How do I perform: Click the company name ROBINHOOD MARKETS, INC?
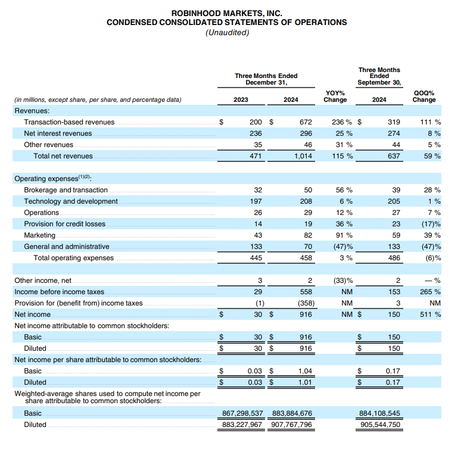226,13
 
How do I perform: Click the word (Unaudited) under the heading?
226,32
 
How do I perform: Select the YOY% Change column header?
335,96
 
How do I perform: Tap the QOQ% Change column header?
424,96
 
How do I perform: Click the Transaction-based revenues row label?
69,122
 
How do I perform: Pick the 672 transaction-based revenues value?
306,122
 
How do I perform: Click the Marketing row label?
40,235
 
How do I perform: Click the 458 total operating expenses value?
306,258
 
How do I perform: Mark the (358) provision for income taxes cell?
303,303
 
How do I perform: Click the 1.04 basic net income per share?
304,371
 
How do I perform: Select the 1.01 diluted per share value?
304,382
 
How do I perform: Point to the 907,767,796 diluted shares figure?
292,425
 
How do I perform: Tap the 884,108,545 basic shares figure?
380,413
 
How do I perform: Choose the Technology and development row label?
71,201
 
